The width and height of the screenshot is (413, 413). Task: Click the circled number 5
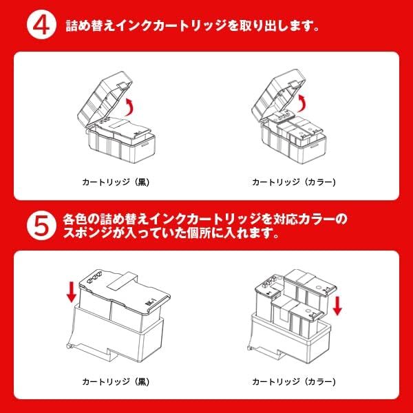(x=41, y=226)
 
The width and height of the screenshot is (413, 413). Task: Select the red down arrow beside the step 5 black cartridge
(x=71, y=292)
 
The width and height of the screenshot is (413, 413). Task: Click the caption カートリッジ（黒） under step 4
(x=116, y=182)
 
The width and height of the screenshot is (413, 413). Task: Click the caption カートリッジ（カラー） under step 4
(x=294, y=182)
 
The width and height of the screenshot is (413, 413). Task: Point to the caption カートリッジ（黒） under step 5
(x=116, y=381)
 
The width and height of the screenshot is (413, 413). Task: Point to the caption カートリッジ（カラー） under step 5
(x=294, y=381)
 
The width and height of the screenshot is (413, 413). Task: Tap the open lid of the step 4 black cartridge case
(x=105, y=98)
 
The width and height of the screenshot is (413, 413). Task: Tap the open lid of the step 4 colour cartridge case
(x=279, y=96)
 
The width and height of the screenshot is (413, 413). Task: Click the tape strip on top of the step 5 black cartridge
(x=123, y=281)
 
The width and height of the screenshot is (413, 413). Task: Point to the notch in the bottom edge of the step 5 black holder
(x=112, y=354)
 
